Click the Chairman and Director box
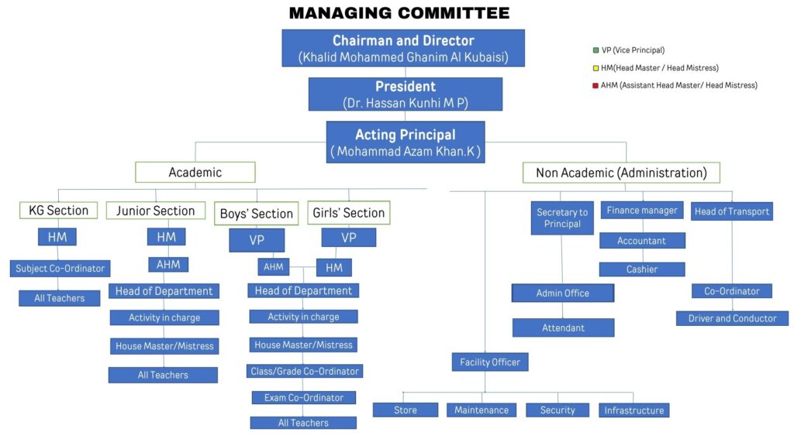tap(403, 48)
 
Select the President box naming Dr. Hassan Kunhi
tap(405, 94)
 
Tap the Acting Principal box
tap(405, 142)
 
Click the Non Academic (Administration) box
tap(621, 173)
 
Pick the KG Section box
tap(58, 211)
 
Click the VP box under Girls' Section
tap(349, 238)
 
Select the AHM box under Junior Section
tap(168, 264)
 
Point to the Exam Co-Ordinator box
tap(303, 397)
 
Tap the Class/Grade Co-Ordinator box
tap(305, 371)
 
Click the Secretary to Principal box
tap(562, 218)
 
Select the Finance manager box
tap(642, 211)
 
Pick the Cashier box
tap(642, 269)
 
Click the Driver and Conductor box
tap(732, 318)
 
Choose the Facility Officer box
tap(490, 362)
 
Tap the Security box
tap(558, 410)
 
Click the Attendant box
tap(563, 328)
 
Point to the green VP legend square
tap(595, 50)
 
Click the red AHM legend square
tap(595, 85)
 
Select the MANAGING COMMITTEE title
tap(399, 13)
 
